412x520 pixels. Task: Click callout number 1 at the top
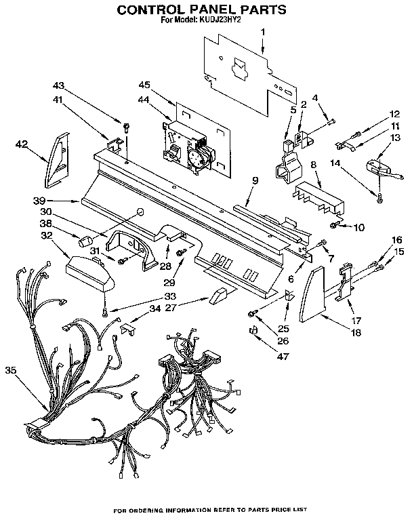point(263,32)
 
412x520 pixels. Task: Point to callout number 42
point(22,144)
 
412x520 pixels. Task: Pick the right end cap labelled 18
point(312,291)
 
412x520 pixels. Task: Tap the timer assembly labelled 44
point(187,145)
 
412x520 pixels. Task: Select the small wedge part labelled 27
point(219,294)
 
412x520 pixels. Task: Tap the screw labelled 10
point(335,224)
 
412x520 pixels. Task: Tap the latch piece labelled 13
point(375,167)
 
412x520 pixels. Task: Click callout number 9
point(255,180)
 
